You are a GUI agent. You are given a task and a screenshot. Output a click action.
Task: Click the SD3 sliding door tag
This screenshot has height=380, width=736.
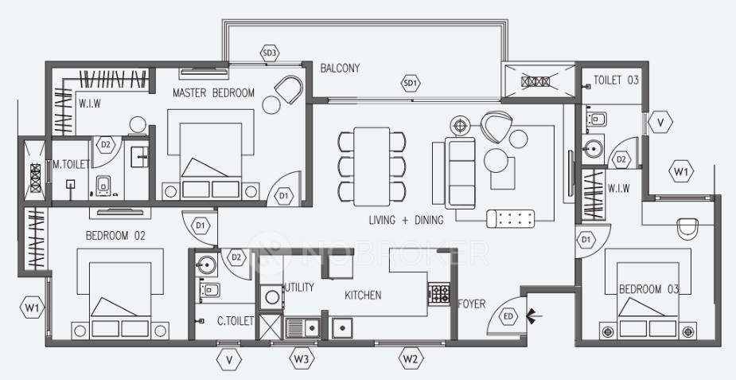point(271,53)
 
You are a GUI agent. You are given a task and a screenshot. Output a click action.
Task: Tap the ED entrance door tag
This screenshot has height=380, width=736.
point(509,317)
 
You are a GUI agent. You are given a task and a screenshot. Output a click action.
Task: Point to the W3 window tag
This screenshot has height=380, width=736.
point(300,359)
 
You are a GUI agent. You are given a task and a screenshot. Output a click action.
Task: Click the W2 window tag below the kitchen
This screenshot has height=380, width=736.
point(410,359)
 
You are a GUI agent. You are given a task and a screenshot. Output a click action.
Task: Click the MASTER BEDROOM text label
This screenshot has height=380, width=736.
point(213,93)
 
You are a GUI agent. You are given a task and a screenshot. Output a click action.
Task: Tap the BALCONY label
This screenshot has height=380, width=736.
point(340,69)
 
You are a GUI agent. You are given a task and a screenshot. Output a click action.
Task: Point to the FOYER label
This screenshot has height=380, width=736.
point(472,304)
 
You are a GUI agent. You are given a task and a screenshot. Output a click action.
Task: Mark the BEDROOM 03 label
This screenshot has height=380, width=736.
point(649,289)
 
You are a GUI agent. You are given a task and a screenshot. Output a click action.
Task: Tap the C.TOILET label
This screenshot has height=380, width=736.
point(235,321)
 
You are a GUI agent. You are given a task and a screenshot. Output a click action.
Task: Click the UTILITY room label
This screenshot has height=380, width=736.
point(299,287)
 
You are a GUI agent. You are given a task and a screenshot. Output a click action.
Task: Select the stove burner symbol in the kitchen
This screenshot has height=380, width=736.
point(438,293)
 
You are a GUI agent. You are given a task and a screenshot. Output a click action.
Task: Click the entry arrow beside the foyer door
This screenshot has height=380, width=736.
point(535,317)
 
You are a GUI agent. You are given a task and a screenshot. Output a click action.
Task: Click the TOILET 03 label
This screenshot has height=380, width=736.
point(616,80)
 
